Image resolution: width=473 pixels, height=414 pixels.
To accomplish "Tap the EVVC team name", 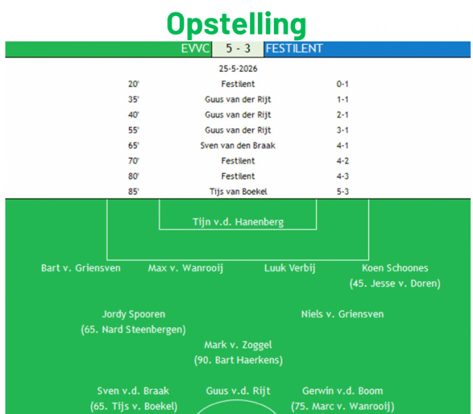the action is click(x=195, y=48).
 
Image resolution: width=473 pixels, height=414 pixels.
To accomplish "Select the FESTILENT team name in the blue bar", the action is click(x=294, y=48).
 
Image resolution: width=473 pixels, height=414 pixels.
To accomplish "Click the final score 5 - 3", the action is click(x=238, y=48).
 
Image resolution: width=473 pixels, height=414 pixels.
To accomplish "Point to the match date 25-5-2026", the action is click(x=238, y=69).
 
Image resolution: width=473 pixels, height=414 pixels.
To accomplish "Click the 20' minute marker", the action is click(x=133, y=84).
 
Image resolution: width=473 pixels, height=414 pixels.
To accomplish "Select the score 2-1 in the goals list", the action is click(x=343, y=115).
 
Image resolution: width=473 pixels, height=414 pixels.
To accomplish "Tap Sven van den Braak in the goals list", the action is click(x=238, y=146).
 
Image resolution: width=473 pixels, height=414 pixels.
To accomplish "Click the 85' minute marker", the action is click(x=133, y=192).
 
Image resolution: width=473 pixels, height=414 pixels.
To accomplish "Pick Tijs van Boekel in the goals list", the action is click(x=239, y=192).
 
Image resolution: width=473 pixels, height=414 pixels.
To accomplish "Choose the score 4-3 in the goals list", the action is click(x=343, y=177).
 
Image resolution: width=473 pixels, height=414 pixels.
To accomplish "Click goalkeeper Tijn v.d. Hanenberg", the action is click(x=238, y=222).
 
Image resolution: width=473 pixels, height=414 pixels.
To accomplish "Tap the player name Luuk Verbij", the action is click(x=290, y=268).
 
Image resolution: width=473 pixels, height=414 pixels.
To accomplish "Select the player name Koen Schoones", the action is click(x=395, y=268).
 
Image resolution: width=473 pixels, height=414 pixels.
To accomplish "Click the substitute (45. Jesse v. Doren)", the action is click(x=395, y=284).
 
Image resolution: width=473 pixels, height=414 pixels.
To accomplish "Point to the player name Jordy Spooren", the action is click(x=133, y=315).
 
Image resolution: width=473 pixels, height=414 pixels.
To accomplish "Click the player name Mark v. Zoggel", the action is click(x=238, y=345).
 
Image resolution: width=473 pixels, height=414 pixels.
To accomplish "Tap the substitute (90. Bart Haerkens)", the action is click(x=239, y=360).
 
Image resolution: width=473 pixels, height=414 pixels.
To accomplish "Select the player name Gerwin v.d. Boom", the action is click(x=343, y=391).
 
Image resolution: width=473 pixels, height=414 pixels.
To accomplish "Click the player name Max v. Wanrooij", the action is click(x=185, y=268).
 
